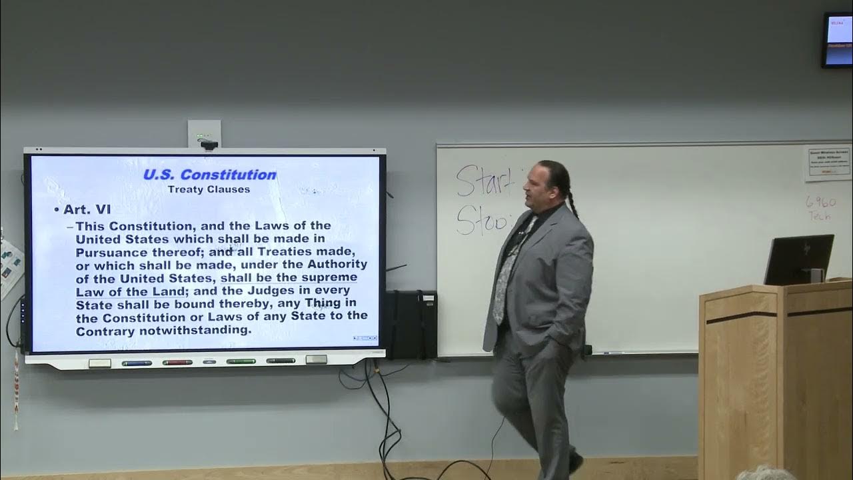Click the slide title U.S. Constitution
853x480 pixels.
pyautogui.click(x=210, y=175)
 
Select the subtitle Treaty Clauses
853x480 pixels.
pyautogui.click(x=209, y=189)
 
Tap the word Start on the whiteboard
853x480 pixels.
pyautogui.click(x=486, y=181)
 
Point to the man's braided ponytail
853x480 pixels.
pyautogui.click(x=570, y=193)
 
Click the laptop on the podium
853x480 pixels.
pyautogui.click(x=798, y=259)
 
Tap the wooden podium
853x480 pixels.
pyautogui.click(x=775, y=380)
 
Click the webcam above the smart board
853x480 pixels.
pyautogui.click(x=209, y=144)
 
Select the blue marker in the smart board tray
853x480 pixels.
pyautogui.click(x=137, y=363)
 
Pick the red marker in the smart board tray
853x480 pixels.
pyautogui.click(x=177, y=363)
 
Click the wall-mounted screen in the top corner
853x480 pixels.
pyautogui.click(x=837, y=40)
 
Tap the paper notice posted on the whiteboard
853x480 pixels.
pyautogui.click(x=828, y=163)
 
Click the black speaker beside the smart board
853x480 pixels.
pyautogui.click(x=411, y=325)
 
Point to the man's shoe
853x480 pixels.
pyautogui.click(x=575, y=462)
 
